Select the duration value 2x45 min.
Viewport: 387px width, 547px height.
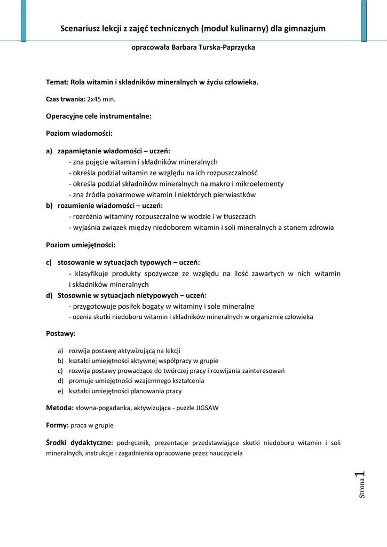(x=101, y=99)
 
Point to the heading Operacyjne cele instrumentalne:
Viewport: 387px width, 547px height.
(x=99, y=115)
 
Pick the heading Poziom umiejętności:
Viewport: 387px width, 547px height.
(x=81, y=245)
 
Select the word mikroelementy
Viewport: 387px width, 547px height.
(x=260, y=184)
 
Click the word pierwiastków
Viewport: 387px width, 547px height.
(x=231, y=195)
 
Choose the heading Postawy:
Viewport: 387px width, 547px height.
(x=61, y=334)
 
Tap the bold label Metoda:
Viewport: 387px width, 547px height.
(x=60, y=408)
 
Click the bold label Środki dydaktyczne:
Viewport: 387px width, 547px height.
(x=80, y=443)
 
